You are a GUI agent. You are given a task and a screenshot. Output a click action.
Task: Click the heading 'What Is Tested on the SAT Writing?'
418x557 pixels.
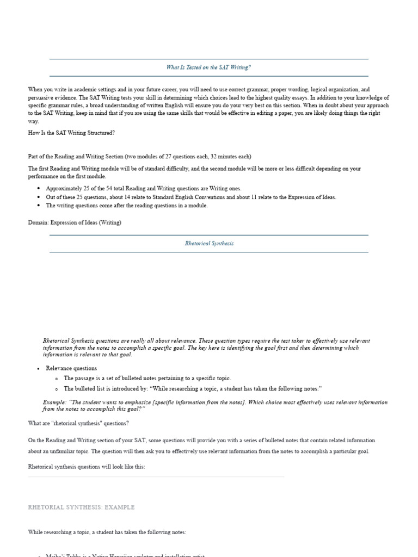pos(208,67)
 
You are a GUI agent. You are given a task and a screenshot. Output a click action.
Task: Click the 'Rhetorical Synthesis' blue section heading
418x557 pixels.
pos(209,243)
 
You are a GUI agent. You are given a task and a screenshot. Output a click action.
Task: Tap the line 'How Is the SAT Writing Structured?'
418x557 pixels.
pos(71,133)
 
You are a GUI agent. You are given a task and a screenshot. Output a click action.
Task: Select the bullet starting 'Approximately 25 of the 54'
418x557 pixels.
pos(143,188)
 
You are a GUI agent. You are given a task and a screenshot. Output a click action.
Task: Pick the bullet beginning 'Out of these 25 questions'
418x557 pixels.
pos(190,197)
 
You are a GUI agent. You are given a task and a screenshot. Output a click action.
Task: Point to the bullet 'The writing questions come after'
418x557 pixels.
pos(126,206)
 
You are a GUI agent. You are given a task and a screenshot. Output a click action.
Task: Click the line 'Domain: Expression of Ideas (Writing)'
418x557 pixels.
pos(75,222)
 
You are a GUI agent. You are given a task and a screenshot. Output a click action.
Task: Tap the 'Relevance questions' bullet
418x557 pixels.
pos(71,368)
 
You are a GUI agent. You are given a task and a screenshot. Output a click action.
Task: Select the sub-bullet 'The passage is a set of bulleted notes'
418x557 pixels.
pos(147,378)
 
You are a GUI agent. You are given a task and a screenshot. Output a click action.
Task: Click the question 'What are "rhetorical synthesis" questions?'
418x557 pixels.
pos(78,423)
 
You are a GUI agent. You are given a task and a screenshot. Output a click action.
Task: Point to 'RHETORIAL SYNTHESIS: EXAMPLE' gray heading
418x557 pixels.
pos(81,507)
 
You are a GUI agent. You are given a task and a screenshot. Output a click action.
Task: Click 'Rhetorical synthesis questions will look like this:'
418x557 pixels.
pos(87,467)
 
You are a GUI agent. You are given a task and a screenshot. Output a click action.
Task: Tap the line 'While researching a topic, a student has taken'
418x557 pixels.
pos(107,532)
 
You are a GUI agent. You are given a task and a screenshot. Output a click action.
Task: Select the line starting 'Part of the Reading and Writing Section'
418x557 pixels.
pos(139,156)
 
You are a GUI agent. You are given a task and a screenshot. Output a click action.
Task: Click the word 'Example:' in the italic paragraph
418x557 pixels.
pos(54,403)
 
